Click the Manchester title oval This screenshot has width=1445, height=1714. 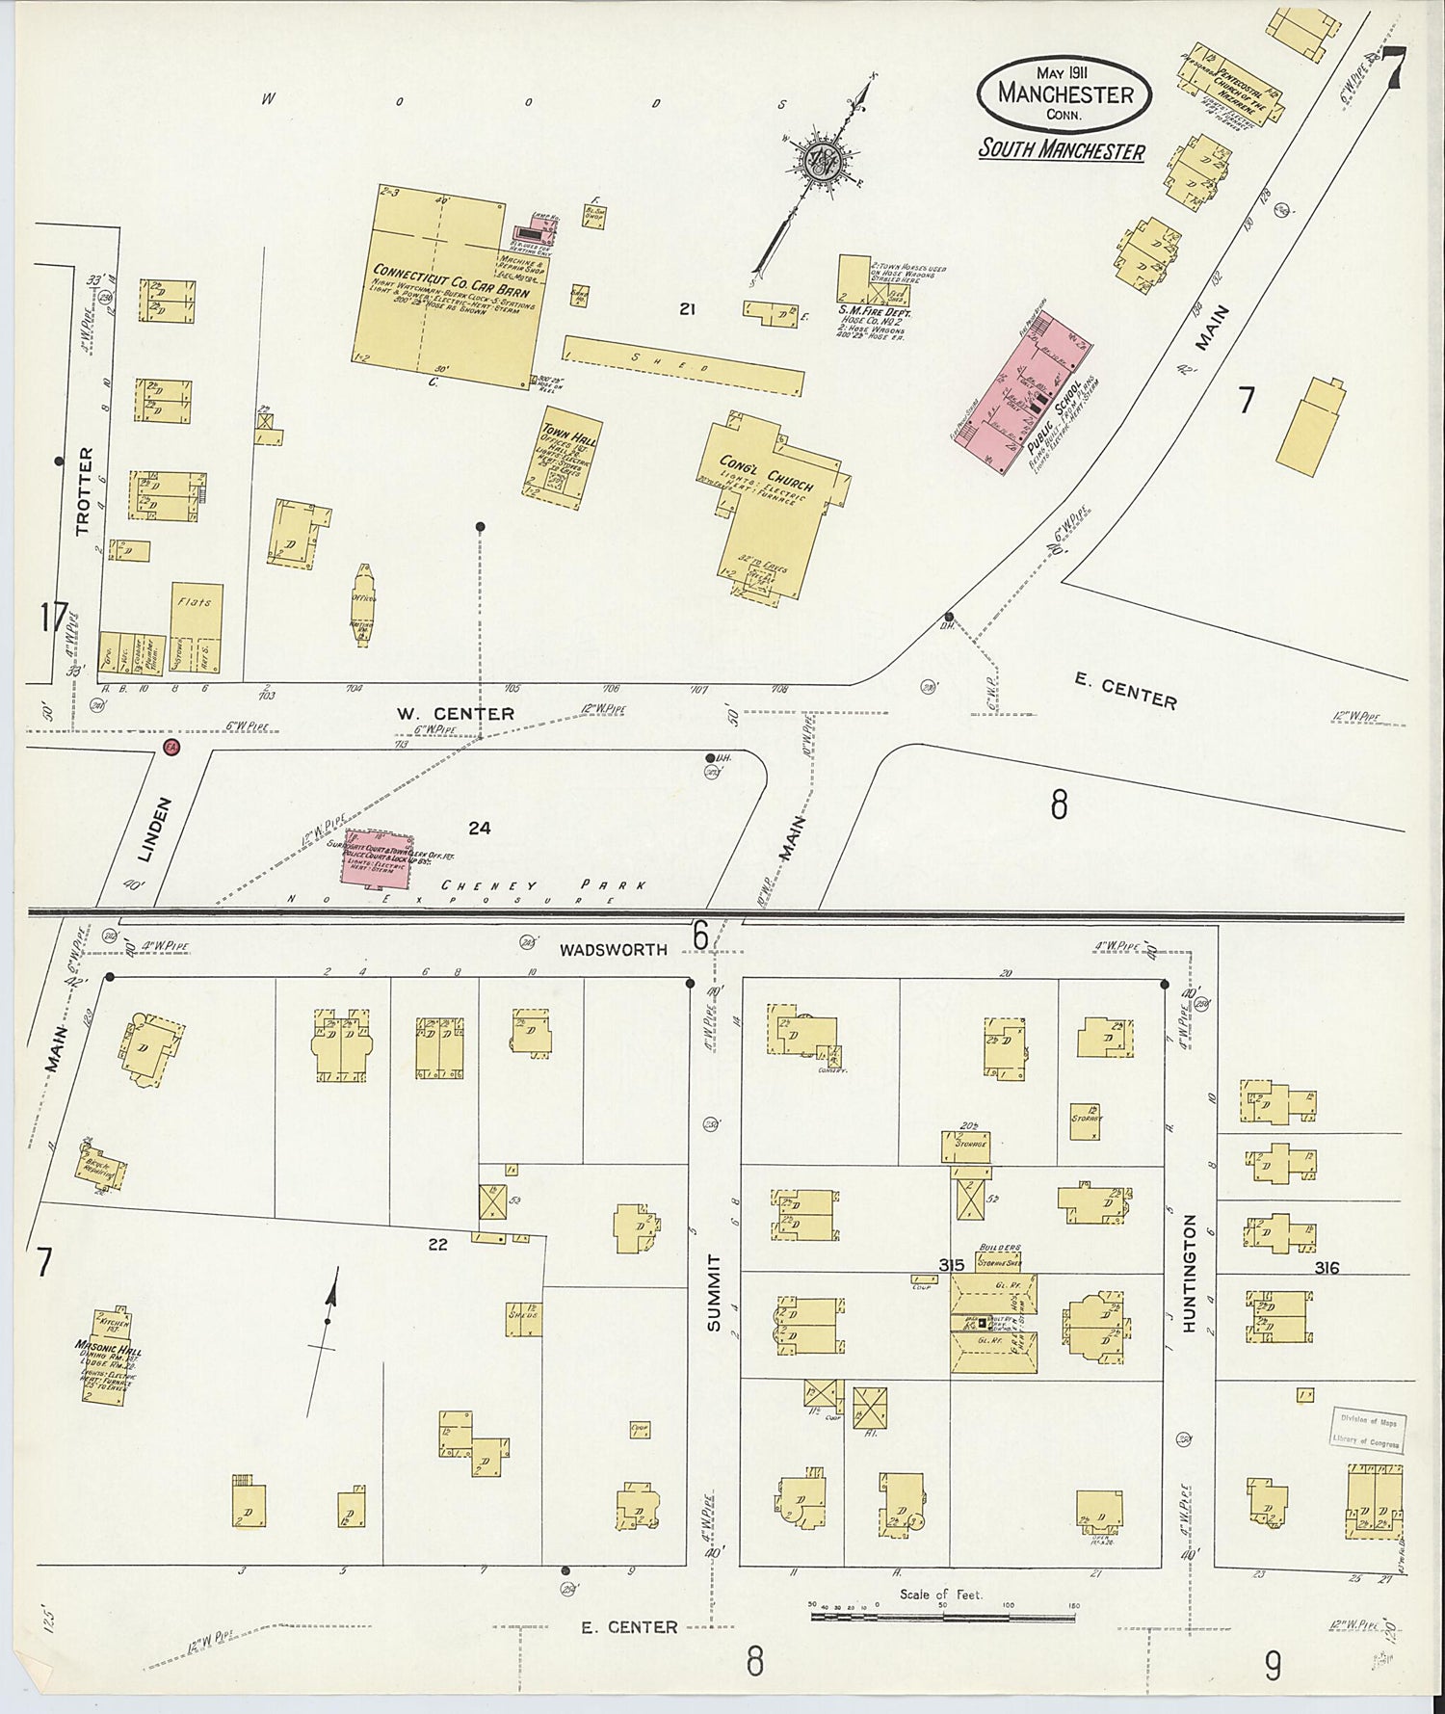pyautogui.click(x=1063, y=92)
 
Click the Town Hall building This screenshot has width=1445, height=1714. pyautogui.click(x=568, y=461)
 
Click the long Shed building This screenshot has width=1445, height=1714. pyautogui.click(x=682, y=365)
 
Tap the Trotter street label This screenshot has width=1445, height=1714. pyautogui.click(x=84, y=490)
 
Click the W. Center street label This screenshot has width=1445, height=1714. pyautogui.click(x=456, y=714)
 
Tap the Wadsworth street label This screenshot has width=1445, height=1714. pyautogui.click(x=614, y=949)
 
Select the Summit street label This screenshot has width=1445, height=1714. pyautogui.click(x=714, y=1292)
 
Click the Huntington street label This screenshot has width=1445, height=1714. pyautogui.click(x=1189, y=1273)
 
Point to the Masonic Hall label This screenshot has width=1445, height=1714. pyautogui.click(x=108, y=1351)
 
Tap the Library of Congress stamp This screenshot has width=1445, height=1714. pyautogui.click(x=1369, y=1431)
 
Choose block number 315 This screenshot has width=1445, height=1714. pyautogui.click(x=951, y=1264)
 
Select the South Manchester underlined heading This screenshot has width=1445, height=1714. pyautogui.click(x=1062, y=151)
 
